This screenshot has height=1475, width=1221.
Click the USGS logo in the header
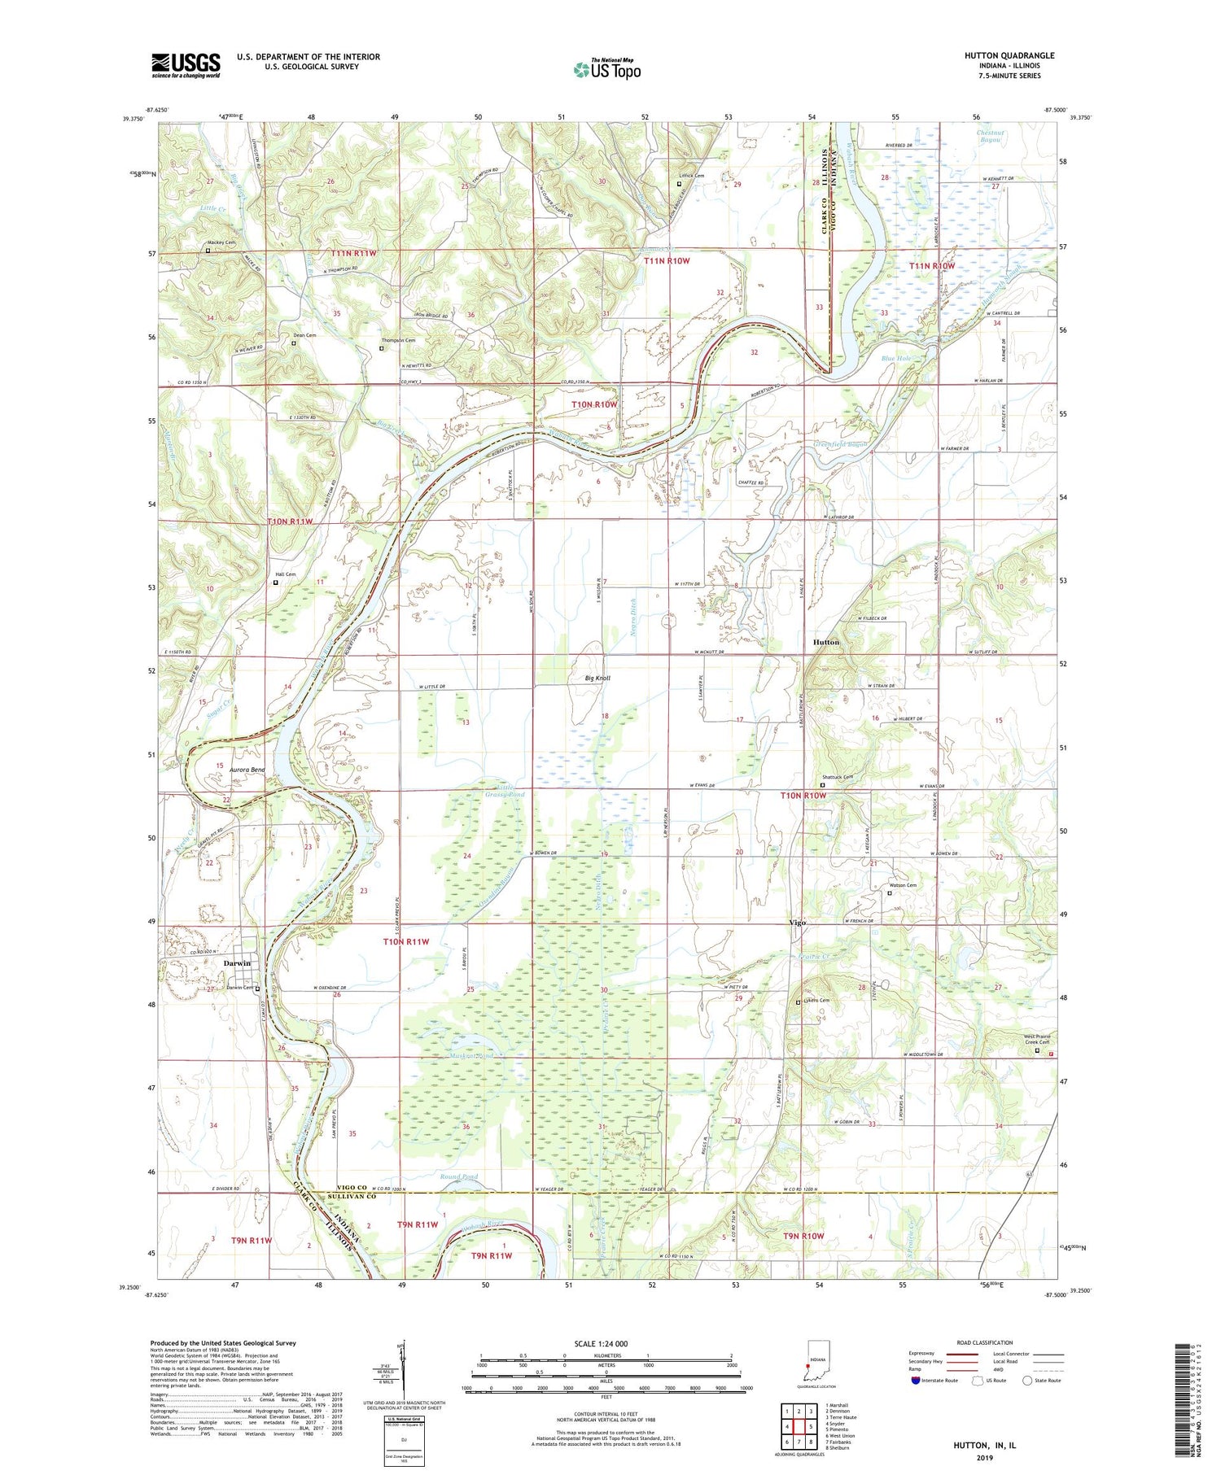pos(186,65)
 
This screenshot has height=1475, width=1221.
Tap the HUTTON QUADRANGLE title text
pos(1009,55)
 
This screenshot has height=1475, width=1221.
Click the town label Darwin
pos(237,963)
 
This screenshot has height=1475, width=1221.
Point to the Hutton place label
pos(825,642)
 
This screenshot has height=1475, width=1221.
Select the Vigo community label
pos(798,923)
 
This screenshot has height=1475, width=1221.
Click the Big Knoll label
pos(597,678)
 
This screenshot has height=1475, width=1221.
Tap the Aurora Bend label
pos(247,770)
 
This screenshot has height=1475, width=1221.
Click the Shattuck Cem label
pos(836,777)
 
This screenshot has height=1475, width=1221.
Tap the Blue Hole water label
pos(895,358)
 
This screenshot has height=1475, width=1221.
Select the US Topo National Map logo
pos(606,69)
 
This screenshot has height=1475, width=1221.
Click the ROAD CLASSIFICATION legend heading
pos(985,1342)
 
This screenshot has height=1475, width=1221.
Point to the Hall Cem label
pos(284,574)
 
